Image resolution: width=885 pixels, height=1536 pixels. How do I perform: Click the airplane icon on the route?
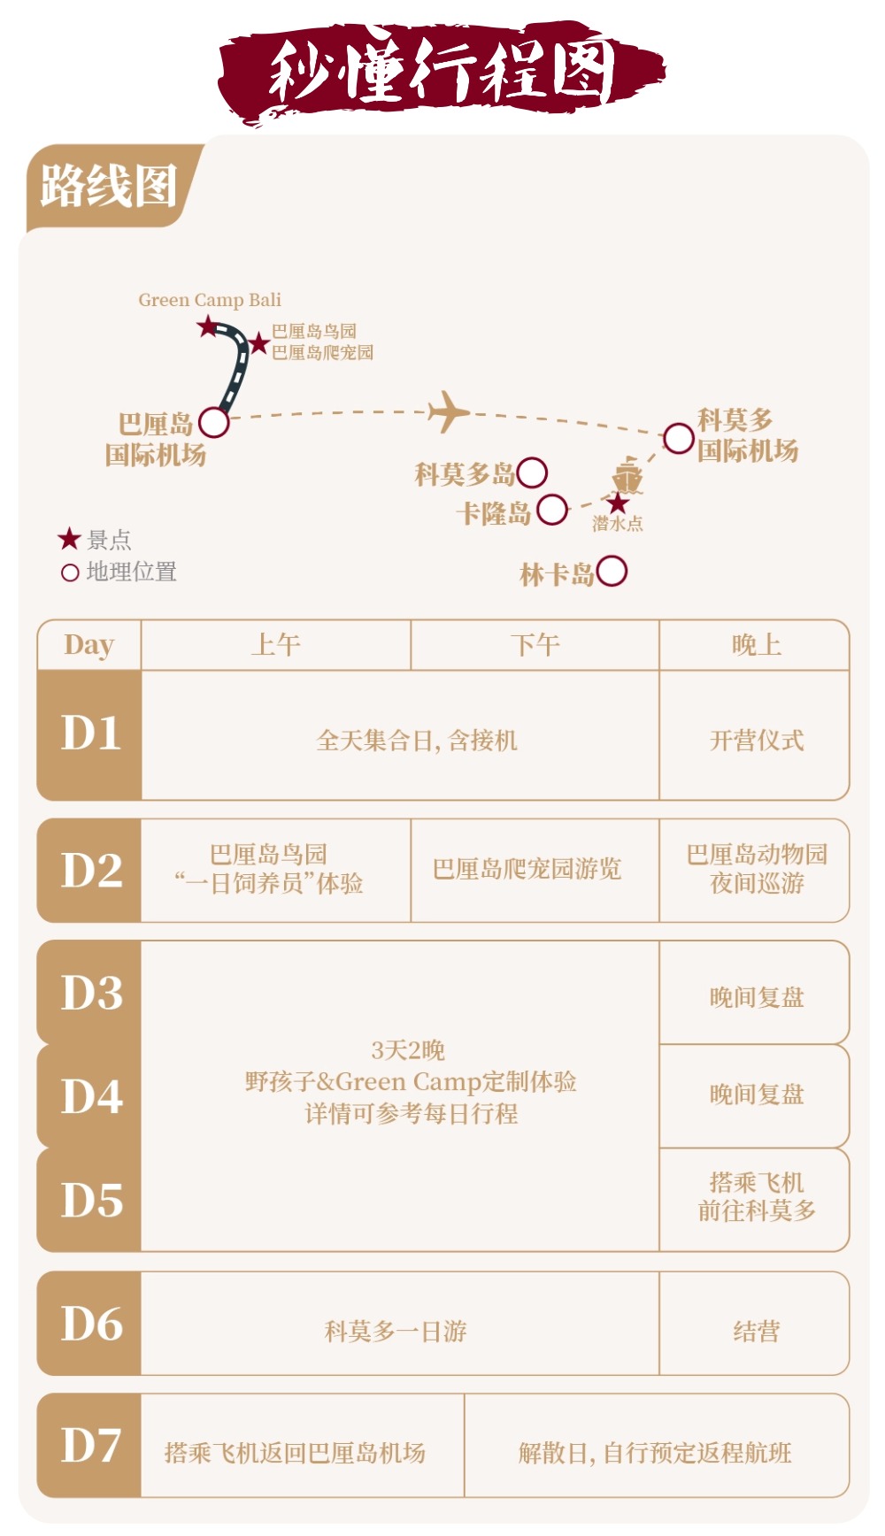pos(448,411)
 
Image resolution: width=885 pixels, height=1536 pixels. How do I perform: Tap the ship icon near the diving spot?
pos(627,475)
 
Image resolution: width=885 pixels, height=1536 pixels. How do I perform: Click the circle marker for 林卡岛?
pos(612,572)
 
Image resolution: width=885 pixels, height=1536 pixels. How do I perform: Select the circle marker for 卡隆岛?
pos(552,510)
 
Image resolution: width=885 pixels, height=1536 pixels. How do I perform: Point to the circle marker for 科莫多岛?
pos(532,472)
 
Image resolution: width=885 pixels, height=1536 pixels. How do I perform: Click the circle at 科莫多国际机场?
pos(679,438)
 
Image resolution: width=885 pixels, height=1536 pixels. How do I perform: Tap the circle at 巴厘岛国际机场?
pos(214,422)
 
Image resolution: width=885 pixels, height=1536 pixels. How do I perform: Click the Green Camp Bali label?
pos(210,300)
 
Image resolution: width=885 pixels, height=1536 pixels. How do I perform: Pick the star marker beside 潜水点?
pos(618,503)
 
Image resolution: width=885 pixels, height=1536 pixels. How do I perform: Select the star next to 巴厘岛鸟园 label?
pos(258,343)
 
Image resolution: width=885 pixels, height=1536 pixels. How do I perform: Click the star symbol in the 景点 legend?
pos(69,538)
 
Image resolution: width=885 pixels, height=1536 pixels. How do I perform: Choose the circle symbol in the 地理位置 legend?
pos(70,572)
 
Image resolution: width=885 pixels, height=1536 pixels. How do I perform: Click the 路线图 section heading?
pos(109,187)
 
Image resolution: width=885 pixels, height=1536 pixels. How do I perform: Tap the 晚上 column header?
pos(755,645)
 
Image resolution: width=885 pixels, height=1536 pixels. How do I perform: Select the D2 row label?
pos(90,871)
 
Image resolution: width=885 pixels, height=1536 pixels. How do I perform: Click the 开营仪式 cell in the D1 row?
pos(756,740)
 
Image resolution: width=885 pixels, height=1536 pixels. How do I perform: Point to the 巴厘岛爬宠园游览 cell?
pos(527,869)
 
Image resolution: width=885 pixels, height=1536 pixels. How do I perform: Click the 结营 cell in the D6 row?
pos(756,1331)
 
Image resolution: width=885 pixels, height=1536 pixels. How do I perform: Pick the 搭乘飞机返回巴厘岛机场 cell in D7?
pos(296,1452)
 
